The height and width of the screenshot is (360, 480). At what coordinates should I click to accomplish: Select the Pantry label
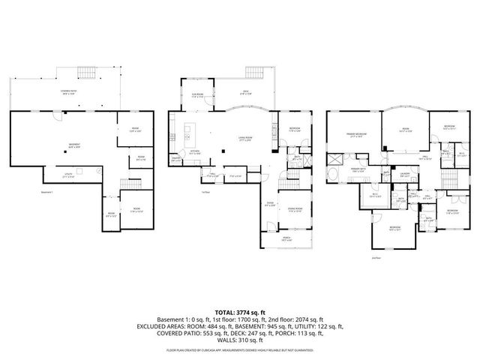[176, 159]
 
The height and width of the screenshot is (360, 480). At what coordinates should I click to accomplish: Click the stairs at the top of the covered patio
[86, 73]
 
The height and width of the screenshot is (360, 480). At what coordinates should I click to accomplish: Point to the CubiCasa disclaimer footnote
[239, 349]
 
